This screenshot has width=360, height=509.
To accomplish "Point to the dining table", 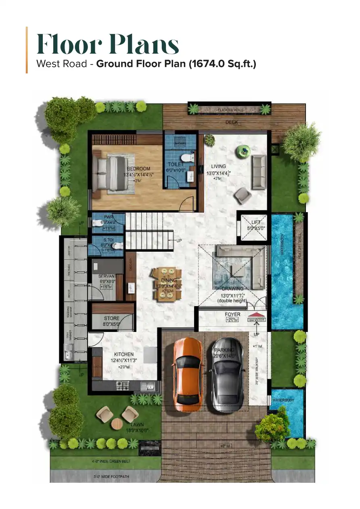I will [x=166, y=284].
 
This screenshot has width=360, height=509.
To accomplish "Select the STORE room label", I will [x=112, y=318].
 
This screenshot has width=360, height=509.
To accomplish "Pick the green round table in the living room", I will [x=243, y=150].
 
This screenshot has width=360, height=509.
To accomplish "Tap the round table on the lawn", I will [x=117, y=423].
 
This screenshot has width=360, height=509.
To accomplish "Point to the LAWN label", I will [x=137, y=424].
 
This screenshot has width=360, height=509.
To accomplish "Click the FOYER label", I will [x=232, y=314].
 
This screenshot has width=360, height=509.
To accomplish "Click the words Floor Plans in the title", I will [x=108, y=45].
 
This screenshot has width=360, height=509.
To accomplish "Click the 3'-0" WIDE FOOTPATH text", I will [x=111, y=477].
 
